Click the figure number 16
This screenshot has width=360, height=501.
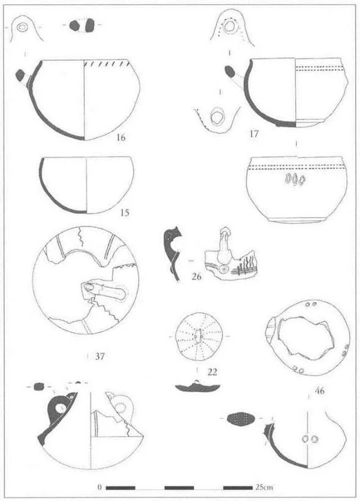coord(121,137)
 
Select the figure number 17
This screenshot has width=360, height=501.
coord(254,134)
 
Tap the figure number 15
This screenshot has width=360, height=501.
coord(125,213)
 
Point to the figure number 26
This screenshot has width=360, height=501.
coord(196,276)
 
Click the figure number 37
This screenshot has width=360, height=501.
coord(100,356)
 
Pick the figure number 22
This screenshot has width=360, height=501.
coord(212,372)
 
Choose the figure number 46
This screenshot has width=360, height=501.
coord(320,390)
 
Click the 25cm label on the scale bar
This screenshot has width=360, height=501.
coord(265,488)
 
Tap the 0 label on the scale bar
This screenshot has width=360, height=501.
coord(100,488)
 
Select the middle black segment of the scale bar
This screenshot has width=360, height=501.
coord(179,488)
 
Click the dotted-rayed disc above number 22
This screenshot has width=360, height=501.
coord(199,337)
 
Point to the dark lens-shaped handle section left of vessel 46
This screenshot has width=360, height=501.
coord(240,419)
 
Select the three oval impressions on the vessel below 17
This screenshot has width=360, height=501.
coord(295,179)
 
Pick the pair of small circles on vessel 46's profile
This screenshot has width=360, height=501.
coord(310,439)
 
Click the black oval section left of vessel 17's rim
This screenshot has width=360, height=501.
coord(230,71)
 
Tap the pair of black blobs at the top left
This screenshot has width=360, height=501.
coord(83,25)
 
